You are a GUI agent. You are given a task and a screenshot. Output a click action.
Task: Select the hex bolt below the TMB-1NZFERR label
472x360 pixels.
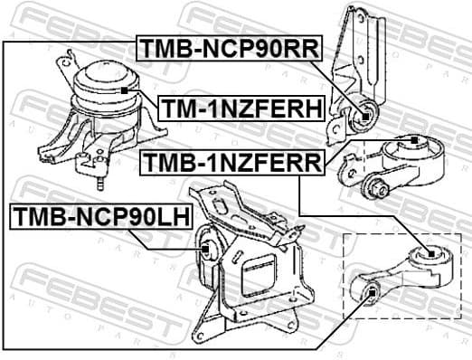[375, 188]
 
